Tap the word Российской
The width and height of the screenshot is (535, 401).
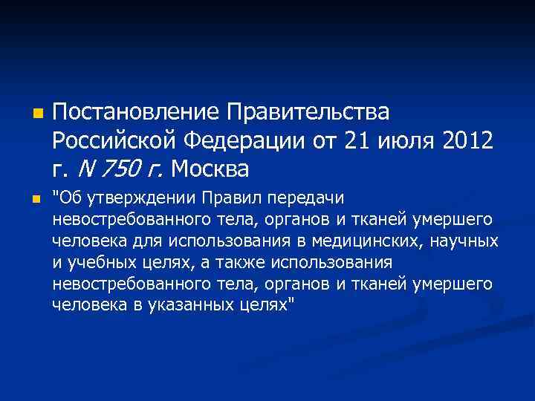pyautogui.click(x=112, y=141)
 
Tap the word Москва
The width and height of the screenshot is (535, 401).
pyautogui.click(x=210, y=170)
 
